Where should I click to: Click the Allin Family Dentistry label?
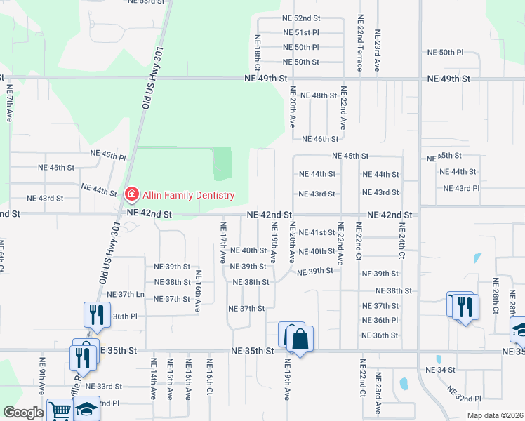tap(187, 194)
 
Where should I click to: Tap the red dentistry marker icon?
tap(131, 194)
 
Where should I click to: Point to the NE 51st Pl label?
tap(301, 33)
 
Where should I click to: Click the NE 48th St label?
tap(319, 95)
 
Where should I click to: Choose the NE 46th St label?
tap(319, 140)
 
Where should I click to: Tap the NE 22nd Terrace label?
tap(360, 44)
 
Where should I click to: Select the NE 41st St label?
tap(317, 232)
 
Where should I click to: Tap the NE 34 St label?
tap(441, 369)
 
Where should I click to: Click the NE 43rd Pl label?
tap(460, 189)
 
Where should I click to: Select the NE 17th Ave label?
tap(223, 239)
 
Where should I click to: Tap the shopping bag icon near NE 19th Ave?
tap(300, 340)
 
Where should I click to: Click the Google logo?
tap(23, 413)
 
